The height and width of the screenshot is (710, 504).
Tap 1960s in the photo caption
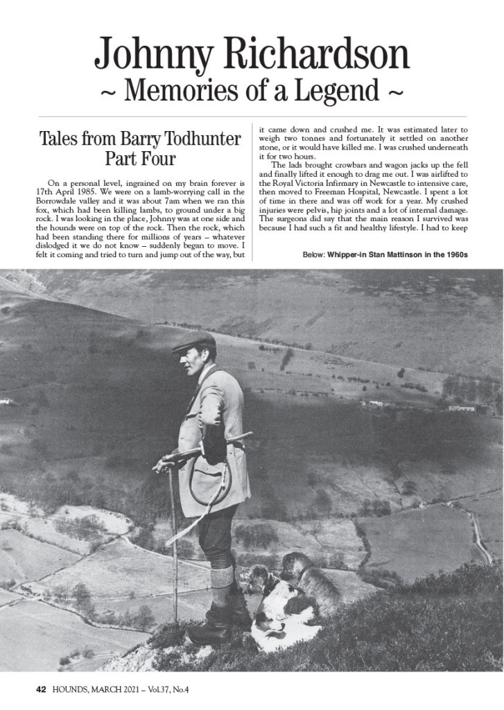[456, 255]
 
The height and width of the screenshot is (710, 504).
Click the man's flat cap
[194, 341]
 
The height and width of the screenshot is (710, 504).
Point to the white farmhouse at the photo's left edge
[7, 401]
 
